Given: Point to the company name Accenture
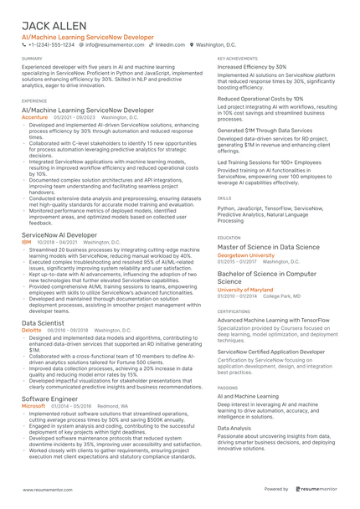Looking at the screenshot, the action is point(35,118).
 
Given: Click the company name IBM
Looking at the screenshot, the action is point(27,242).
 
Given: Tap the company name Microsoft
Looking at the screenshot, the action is point(35,405).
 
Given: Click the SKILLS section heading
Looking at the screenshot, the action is point(224,198).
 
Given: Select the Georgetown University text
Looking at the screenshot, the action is point(245,255).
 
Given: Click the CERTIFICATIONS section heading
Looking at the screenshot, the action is point(234,311).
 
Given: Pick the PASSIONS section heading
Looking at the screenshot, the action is point(227,388).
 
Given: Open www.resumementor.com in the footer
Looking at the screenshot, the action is point(46,488).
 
